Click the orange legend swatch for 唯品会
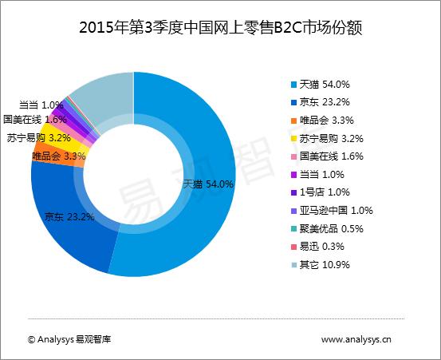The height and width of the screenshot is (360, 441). pos(293,121)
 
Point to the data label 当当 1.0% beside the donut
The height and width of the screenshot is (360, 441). pos(41,105)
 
